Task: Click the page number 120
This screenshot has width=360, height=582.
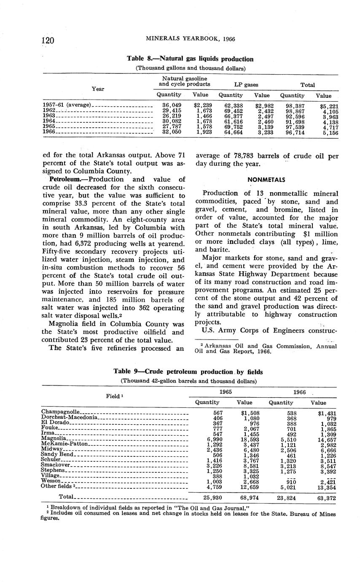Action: point(49,40)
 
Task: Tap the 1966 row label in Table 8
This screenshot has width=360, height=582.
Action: point(49,132)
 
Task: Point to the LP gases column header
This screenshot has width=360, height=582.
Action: point(245,85)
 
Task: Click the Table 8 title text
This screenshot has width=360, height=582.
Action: point(190,59)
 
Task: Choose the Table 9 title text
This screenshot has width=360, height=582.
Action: point(188,372)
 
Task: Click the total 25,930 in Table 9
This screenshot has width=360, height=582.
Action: point(213,497)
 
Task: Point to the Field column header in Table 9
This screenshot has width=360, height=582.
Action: point(114,397)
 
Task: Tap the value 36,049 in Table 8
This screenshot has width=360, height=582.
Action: point(172,105)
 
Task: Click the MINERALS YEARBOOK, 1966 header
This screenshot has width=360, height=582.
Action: point(190,39)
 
